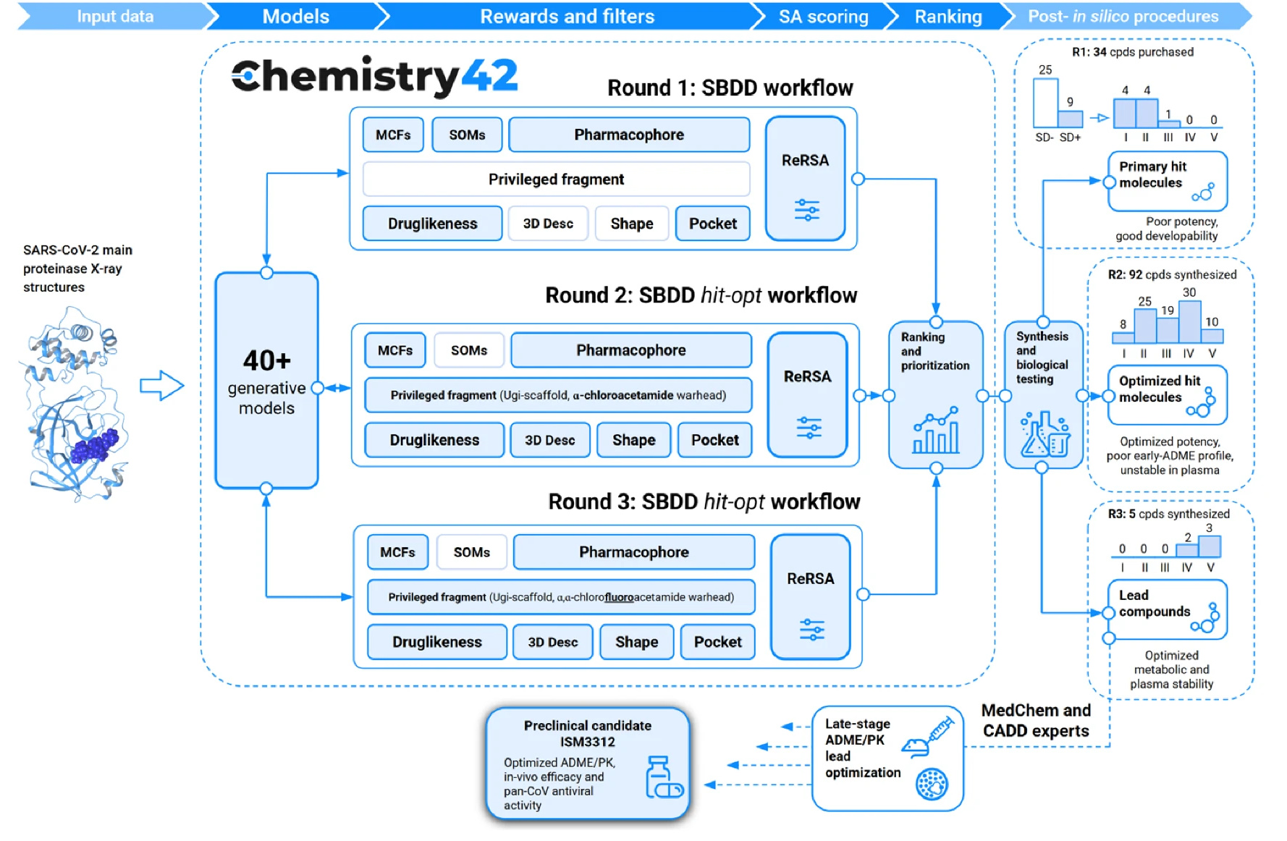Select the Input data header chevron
114,16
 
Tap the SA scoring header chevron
823,16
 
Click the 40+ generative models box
266,381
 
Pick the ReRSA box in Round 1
805,179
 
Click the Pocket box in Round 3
717,642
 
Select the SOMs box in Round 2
468,351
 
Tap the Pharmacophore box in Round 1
628,135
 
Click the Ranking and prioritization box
935,395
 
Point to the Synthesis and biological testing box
1042,395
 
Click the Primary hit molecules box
1166,182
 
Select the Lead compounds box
1166,609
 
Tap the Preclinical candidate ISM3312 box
587,764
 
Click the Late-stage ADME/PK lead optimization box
887,758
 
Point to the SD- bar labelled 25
1045,103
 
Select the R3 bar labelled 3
1210,546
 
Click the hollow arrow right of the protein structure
161,386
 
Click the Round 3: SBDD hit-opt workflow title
704,502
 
